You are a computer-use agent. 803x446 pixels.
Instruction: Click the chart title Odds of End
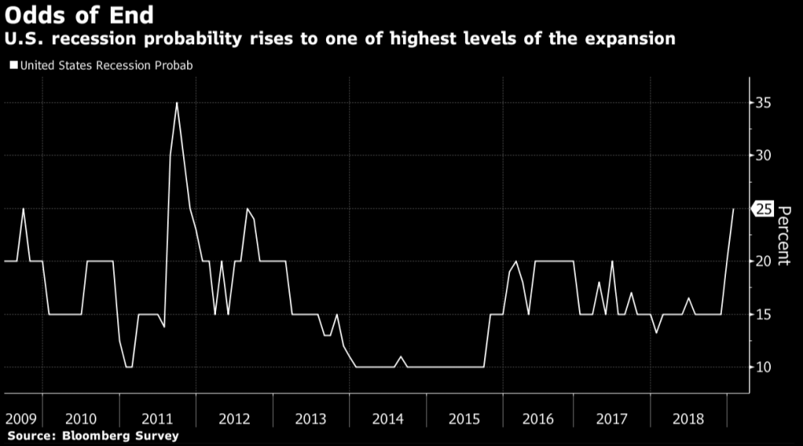pos(81,15)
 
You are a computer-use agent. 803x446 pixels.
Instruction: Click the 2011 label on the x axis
pos(157,420)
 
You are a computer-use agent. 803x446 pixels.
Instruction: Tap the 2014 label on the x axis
pos(388,420)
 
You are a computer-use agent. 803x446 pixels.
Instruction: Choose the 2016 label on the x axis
pos(537,420)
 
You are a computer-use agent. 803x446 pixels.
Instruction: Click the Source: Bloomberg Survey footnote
pos(90,436)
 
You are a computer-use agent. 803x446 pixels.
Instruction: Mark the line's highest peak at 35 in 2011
pos(177,103)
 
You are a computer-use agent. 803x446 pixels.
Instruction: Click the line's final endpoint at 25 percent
pos(733,209)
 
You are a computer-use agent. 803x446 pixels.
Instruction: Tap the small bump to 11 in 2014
pos(401,356)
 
